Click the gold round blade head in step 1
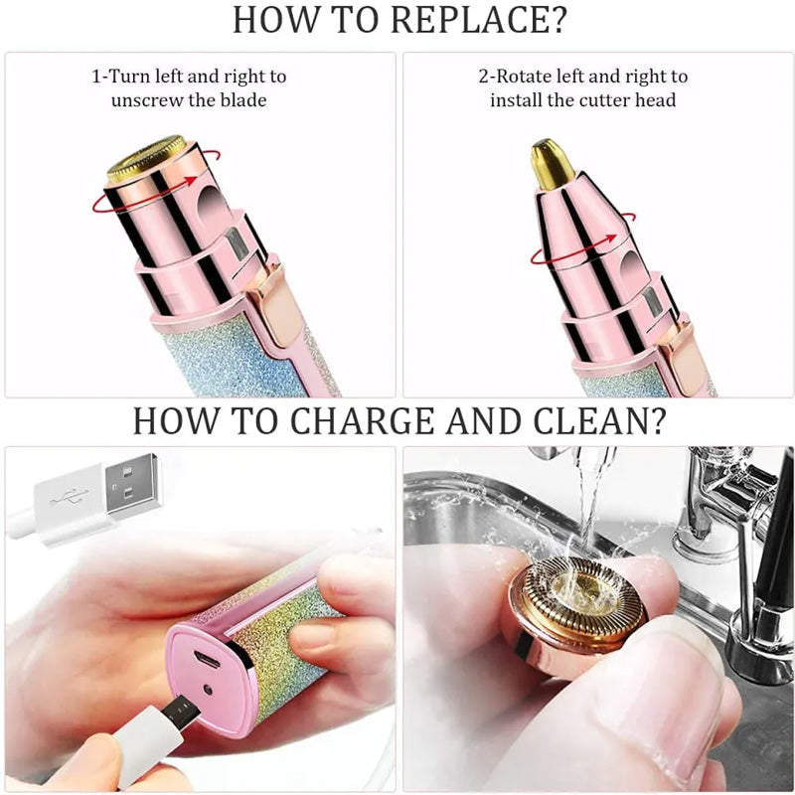coord(146,158)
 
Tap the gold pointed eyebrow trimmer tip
coord(553,163)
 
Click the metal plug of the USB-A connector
coord(133,487)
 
